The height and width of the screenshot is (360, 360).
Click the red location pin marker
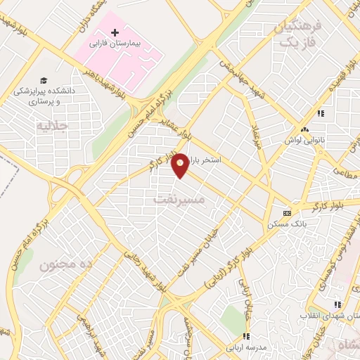[181, 165]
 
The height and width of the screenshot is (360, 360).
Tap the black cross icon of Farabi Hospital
[116, 32]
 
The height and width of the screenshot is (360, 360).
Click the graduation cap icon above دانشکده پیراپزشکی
[44, 80]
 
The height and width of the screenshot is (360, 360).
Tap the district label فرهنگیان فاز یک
[295, 34]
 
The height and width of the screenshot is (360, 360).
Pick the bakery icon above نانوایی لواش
[304, 129]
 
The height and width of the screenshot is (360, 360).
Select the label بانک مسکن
[283, 224]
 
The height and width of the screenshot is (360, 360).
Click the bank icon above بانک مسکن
[287, 213]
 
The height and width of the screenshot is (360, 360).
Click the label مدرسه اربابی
[244, 347]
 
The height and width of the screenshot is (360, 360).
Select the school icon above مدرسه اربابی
[246, 336]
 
